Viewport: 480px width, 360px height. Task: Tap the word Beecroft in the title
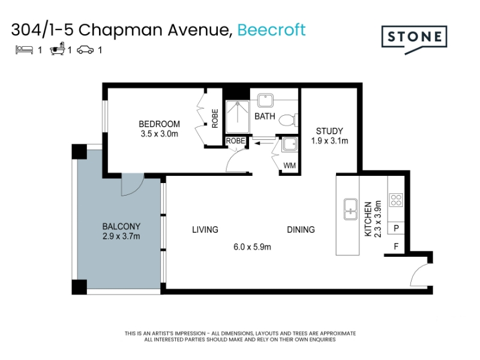(271, 30)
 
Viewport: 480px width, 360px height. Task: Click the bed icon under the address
(24, 50)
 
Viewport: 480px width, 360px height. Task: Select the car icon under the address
(85, 50)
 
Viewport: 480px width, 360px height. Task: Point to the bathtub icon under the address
(58, 49)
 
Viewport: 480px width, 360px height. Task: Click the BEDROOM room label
(159, 124)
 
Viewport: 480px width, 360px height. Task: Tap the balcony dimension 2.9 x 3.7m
(121, 236)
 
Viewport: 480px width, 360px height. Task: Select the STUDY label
(329, 131)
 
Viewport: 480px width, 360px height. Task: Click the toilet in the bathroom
(288, 120)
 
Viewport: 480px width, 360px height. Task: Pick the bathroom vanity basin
(265, 100)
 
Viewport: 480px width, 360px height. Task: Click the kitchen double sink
(350, 209)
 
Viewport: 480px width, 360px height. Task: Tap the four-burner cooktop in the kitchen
(396, 200)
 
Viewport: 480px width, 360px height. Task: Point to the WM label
(289, 166)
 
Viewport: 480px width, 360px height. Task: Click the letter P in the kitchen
(396, 228)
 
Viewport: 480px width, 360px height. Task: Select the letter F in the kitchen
(396, 246)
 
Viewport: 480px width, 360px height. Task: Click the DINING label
(301, 230)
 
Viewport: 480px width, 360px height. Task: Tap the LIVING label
(205, 230)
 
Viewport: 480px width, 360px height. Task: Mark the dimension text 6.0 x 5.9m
(252, 247)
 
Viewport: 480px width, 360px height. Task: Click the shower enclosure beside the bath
(238, 116)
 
